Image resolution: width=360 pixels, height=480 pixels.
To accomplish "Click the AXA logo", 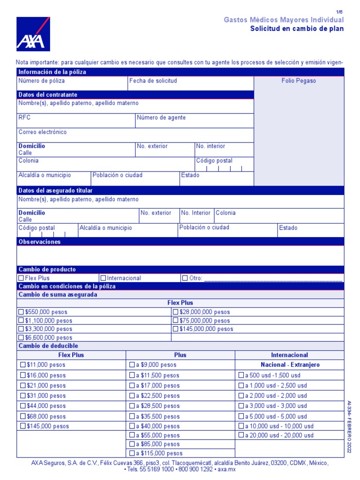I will point(33,34).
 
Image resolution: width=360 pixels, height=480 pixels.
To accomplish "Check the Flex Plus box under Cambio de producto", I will point(21,278).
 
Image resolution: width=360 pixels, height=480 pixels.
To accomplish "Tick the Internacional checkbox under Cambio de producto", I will point(104,278).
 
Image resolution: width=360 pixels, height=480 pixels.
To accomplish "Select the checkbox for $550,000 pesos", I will point(21,312).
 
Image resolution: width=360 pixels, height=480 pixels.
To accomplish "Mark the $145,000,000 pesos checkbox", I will point(176,329).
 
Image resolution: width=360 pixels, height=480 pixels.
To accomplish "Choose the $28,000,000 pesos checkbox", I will point(176,312).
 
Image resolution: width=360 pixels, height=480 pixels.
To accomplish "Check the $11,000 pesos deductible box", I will point(23,365).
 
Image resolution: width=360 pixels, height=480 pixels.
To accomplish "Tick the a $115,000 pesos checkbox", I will point(132,453).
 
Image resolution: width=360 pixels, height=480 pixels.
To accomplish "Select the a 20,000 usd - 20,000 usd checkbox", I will point(241,435).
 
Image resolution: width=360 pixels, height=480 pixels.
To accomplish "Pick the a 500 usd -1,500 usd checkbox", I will point(241,375).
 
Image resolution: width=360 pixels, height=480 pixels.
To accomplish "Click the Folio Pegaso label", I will point(299,81).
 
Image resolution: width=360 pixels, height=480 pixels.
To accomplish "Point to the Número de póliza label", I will point(42,81).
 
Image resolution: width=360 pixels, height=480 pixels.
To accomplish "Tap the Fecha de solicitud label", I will point(153,81).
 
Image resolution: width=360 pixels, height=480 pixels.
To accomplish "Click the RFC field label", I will point(24,118).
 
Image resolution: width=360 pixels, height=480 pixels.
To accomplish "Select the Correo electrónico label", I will point(43,132).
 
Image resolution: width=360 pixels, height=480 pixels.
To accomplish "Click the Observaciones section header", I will point(40,242).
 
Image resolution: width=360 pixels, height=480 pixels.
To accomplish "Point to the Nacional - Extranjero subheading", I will point(289,365).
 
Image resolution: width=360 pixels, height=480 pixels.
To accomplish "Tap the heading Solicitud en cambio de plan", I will point(297,29).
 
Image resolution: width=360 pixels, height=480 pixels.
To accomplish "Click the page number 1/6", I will point(340,12).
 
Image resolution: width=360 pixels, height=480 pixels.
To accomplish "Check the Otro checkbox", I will point(185,278).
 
